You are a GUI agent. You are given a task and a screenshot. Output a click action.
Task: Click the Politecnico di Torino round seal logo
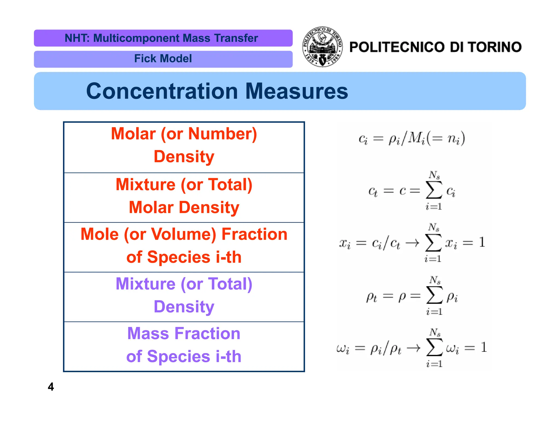pyautogui.click(x=322, y=47)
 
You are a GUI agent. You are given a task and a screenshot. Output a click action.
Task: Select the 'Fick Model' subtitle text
pyautogui.click(x=163, y=59)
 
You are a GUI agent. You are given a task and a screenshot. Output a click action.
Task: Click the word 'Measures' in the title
pyautogui.click(x=296, y=91)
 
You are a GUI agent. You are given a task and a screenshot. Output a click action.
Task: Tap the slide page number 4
pyautogui.click(x=51, y=387)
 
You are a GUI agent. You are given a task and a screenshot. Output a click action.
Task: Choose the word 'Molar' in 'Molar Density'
pyautogui.click(x=151, y=207)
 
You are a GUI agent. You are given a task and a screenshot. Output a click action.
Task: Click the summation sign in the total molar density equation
pyautogui.click(x=434, y=190)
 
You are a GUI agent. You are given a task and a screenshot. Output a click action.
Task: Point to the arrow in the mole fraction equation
pyautogui.click(x=412, y=242)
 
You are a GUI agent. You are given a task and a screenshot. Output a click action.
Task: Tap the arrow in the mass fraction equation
pyautogui.click(x=413, y=348)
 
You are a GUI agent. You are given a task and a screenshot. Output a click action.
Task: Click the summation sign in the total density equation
pyautogui.click(x=434, y=295)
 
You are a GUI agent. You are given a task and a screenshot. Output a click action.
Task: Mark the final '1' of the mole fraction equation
pyautogui.click(x=482, y=242)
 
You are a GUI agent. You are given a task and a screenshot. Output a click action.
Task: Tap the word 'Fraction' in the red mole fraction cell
pyautogui.click(x=254, y=234)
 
